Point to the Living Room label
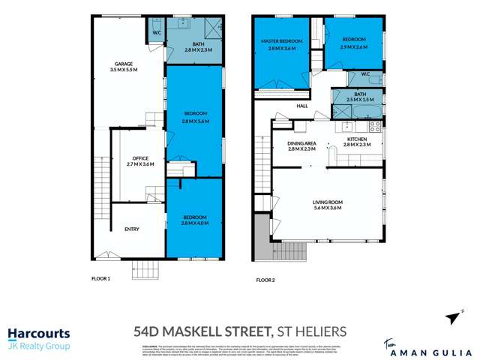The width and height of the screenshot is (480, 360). tap(327, 202)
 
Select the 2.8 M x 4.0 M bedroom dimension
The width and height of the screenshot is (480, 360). tap(194, 223)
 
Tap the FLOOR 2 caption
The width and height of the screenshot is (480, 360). tap(265, 279)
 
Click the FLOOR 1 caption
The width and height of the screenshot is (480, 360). tap(100, 279)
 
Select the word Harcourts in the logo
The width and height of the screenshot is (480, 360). tap(39, 333)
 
